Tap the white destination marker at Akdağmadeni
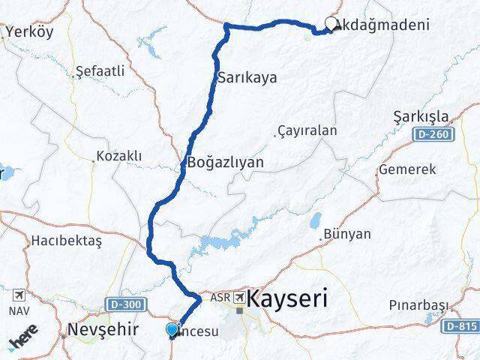(x=331, y=24)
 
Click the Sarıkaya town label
(x=247, y=77)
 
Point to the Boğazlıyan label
(x=225, y=162)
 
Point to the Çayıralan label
(x=307, y=130)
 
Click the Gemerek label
(x=407, y=169)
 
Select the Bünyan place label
(x=347, y=234)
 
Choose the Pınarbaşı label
(x=418, y=305)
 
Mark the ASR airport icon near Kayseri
(x=238, y=298)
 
